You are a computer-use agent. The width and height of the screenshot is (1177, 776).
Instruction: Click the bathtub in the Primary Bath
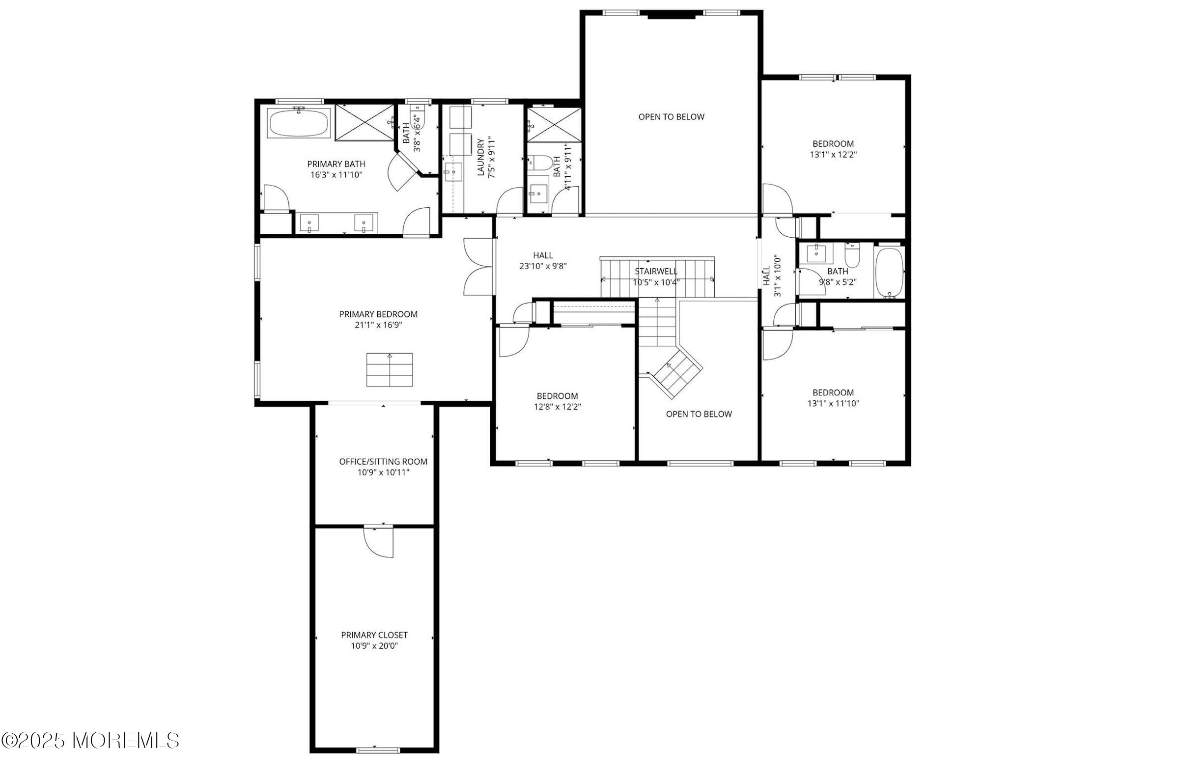[x=299, y=123]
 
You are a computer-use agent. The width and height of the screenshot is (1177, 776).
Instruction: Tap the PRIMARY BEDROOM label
[x=378, y=314]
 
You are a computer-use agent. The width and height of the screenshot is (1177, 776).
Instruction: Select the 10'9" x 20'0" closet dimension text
[x=374, y=646]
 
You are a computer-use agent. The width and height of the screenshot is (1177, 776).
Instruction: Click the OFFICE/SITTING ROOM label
[x=383, y=462]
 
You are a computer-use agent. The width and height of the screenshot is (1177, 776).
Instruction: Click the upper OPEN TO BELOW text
[x=671, y=117]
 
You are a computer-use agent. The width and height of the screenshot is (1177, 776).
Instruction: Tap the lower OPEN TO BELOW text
[x=699, y=414]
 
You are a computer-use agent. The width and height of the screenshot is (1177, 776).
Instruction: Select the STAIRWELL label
[x=656, y=272]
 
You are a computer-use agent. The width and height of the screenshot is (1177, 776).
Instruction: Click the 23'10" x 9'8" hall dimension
[x=542, y=266]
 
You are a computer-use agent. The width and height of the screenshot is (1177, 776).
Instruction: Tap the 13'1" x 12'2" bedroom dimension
[x=833, y=154]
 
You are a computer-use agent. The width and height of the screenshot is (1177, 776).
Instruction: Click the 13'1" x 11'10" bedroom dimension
[x=833, y=403]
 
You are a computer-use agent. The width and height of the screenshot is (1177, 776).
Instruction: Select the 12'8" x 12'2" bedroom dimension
[x=558, y=407]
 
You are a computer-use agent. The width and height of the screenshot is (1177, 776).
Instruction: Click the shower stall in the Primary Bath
[x=365, y=123]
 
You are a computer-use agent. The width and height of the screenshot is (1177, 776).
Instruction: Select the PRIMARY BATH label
[x=336, y=164]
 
